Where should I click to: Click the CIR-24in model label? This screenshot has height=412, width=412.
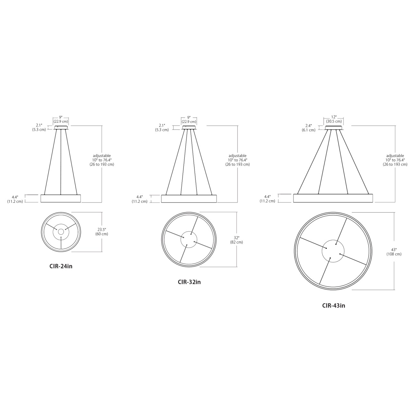(x=61, y=266)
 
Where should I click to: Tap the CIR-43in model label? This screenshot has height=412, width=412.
(x=333, y=305)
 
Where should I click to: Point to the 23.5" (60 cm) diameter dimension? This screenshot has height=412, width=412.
(x=102, y=232)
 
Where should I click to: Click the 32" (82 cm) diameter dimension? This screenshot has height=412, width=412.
(x=237, y=240)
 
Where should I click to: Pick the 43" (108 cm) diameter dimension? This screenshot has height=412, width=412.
(x=394, y=252)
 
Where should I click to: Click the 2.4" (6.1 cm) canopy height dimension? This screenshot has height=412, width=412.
(x=308, y=128)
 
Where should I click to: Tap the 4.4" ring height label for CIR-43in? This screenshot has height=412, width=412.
(x=267, y=199)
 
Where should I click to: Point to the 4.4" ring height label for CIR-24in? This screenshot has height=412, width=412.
(x=15, y=199)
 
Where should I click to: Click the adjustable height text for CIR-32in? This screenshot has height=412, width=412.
(x=238, y=160)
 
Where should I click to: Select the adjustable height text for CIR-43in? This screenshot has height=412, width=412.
(x=395, y=160)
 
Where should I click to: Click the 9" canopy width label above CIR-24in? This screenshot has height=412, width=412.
(x=61, y=119)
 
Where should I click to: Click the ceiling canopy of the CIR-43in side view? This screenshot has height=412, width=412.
(x=333, y=128)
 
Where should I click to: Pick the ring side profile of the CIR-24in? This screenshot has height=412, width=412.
(x=61, y=198)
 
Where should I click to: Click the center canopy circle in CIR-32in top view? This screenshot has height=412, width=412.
(x=189, y=239)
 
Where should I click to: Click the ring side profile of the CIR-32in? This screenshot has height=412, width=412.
(x=189, y=199)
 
